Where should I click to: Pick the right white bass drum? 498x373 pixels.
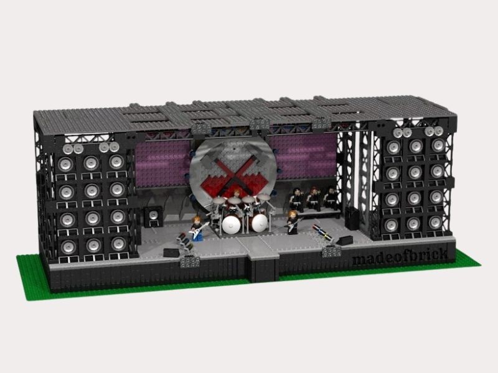point(256,223)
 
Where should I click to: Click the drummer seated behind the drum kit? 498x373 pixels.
point(236,202)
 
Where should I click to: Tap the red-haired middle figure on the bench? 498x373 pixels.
point(312,198)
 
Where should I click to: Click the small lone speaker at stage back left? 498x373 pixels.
point(151,216)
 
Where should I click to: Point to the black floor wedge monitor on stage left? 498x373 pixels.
point(170,252)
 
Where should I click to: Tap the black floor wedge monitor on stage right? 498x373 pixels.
point(331,251)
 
